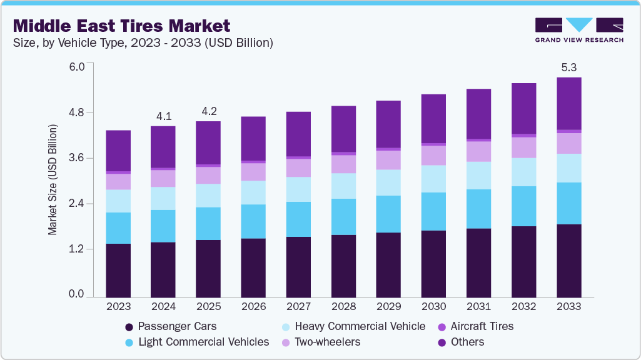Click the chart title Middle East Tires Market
(121, 26)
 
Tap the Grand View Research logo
(578, 30)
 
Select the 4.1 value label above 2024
(163, 116)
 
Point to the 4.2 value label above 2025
(208, 111)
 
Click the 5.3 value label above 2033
(568, 67)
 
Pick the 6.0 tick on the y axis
(76, 67)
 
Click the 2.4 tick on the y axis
(76, 204)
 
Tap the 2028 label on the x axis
(343, 307)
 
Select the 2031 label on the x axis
(478, 307)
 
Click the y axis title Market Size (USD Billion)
(53, 180)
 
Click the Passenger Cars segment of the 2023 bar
(118, 270)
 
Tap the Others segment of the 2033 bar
(568, 104)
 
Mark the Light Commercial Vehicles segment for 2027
(298, 219)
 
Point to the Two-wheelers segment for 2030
(433, 155)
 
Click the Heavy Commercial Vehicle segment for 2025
(208, 196)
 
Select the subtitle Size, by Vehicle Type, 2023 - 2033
(143, 43)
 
